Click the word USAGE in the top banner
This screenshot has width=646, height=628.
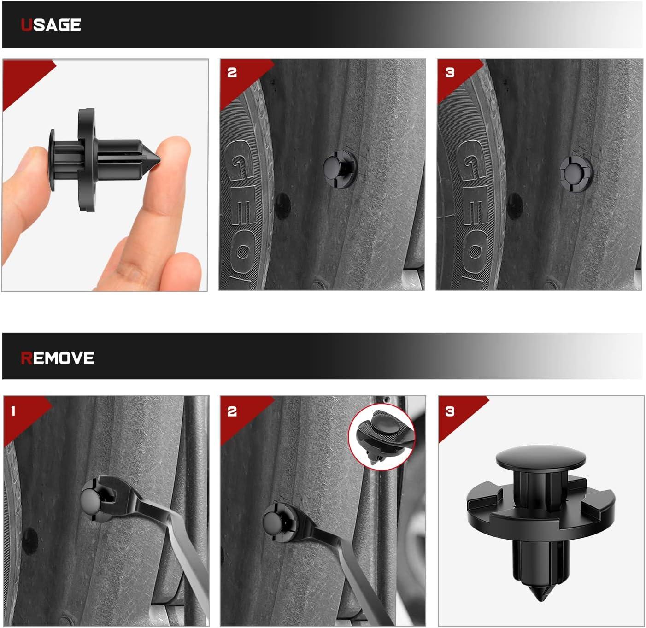51,25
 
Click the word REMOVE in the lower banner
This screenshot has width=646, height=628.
58,358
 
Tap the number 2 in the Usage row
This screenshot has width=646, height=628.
232,73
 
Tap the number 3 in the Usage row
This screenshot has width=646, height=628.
449,73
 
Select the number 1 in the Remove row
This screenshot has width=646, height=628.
13,411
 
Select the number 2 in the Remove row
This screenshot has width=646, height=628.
232,411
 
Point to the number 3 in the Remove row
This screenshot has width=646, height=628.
449,411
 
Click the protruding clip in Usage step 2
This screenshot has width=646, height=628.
340,169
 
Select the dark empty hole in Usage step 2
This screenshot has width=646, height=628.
282,206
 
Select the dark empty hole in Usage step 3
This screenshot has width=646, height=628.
515,206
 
